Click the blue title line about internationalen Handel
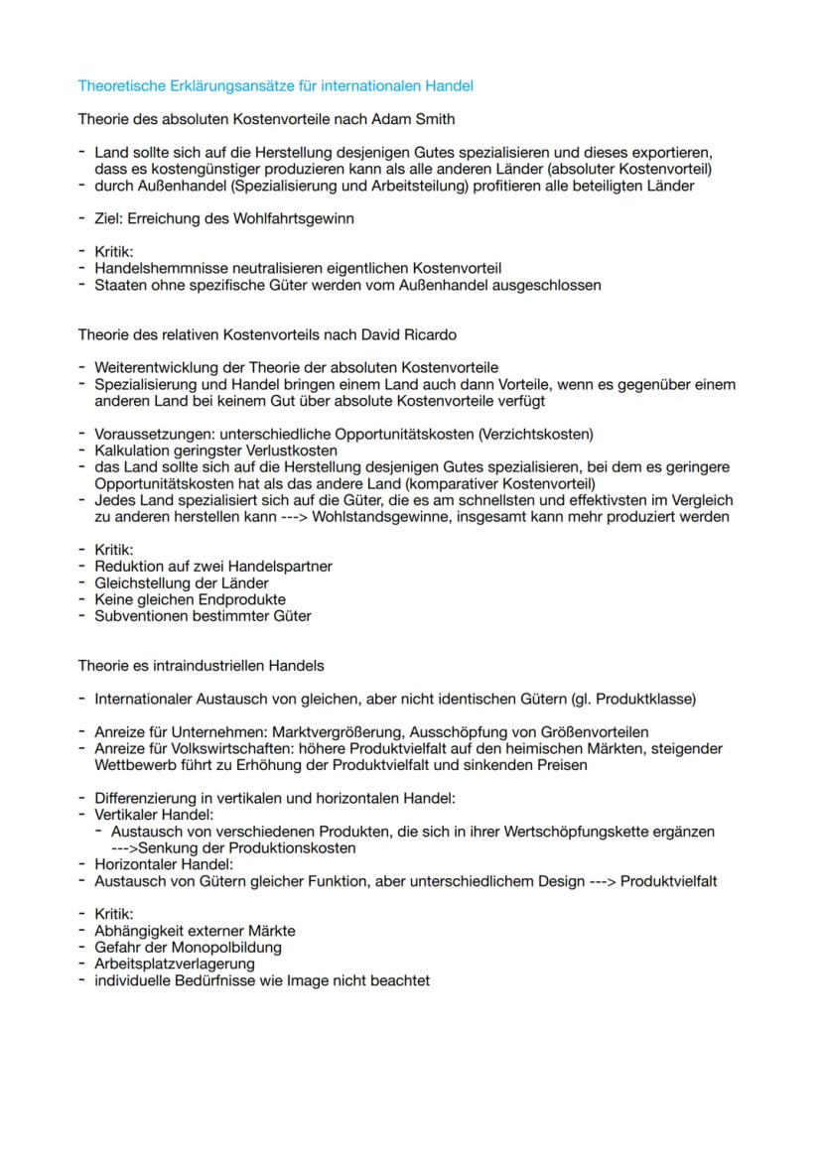275,86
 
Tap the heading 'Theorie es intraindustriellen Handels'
201,665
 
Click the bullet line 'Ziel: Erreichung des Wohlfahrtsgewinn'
223,218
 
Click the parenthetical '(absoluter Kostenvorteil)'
628,170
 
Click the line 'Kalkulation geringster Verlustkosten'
215,451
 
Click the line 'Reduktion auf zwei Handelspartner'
212,566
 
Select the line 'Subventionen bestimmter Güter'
203,616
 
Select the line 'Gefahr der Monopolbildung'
188,948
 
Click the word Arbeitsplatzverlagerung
175,964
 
